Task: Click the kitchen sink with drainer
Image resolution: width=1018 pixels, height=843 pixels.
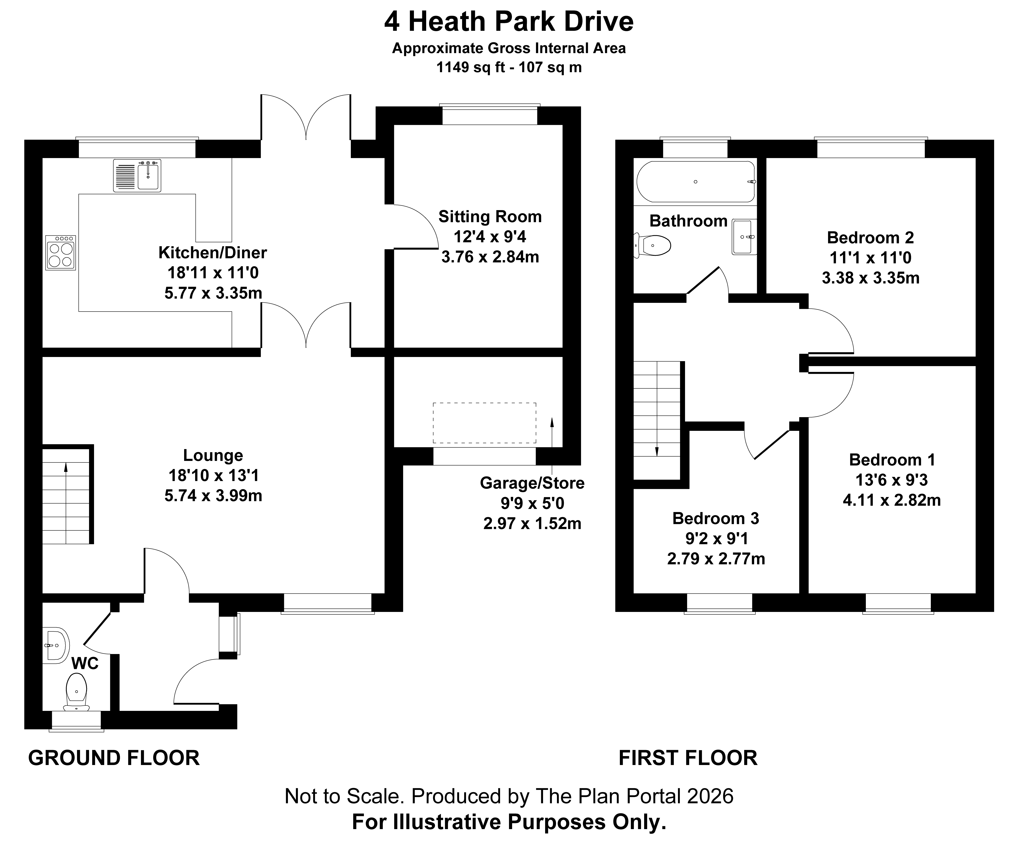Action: click(x=137, y=175)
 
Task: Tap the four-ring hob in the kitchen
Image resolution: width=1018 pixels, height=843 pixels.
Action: click(x=61, y=252)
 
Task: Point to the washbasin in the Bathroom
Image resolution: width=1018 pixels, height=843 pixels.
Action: click(x=744, y=237)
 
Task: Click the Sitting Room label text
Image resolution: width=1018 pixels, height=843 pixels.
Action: click(x=490, y=217)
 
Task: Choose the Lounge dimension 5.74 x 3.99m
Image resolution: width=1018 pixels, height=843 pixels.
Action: click(x=213, y=496)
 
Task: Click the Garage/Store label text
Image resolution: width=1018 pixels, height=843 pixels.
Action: click(x=532, y=483)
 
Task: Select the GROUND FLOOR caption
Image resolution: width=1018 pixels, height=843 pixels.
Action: click(x=114, y=758)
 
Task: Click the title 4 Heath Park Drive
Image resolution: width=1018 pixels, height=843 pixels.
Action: click(x=509, y=22)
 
